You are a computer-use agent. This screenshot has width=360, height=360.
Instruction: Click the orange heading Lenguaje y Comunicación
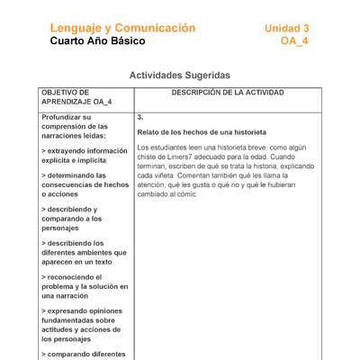pyautogui.click(x=122, y=29)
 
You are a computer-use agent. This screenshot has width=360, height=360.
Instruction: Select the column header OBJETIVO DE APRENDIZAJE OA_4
pyautogui.click(x=76, y=97)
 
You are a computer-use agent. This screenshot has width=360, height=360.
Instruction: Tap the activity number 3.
pyautogui.click(x=140, y=117)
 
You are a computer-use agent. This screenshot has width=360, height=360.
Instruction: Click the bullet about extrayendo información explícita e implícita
pyautogui.click(x=84, y=157)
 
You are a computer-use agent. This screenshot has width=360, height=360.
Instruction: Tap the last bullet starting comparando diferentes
pyautogui.click(x=83, y=354)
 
